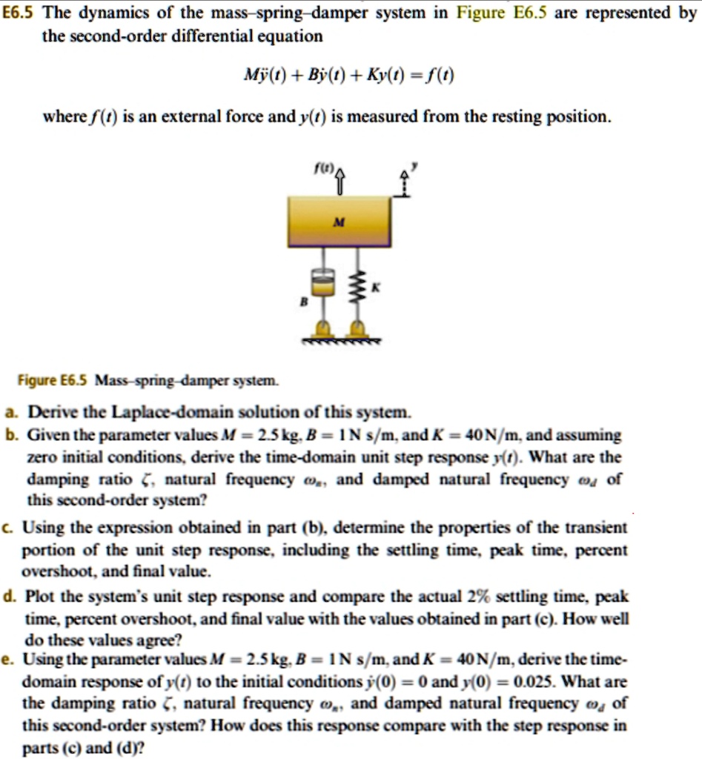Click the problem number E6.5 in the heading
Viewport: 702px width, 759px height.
click(x=21, y=13)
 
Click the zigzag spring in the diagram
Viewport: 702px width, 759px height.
click(x=358, y=284)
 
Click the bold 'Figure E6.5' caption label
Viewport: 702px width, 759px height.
click(x=53, y=381)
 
